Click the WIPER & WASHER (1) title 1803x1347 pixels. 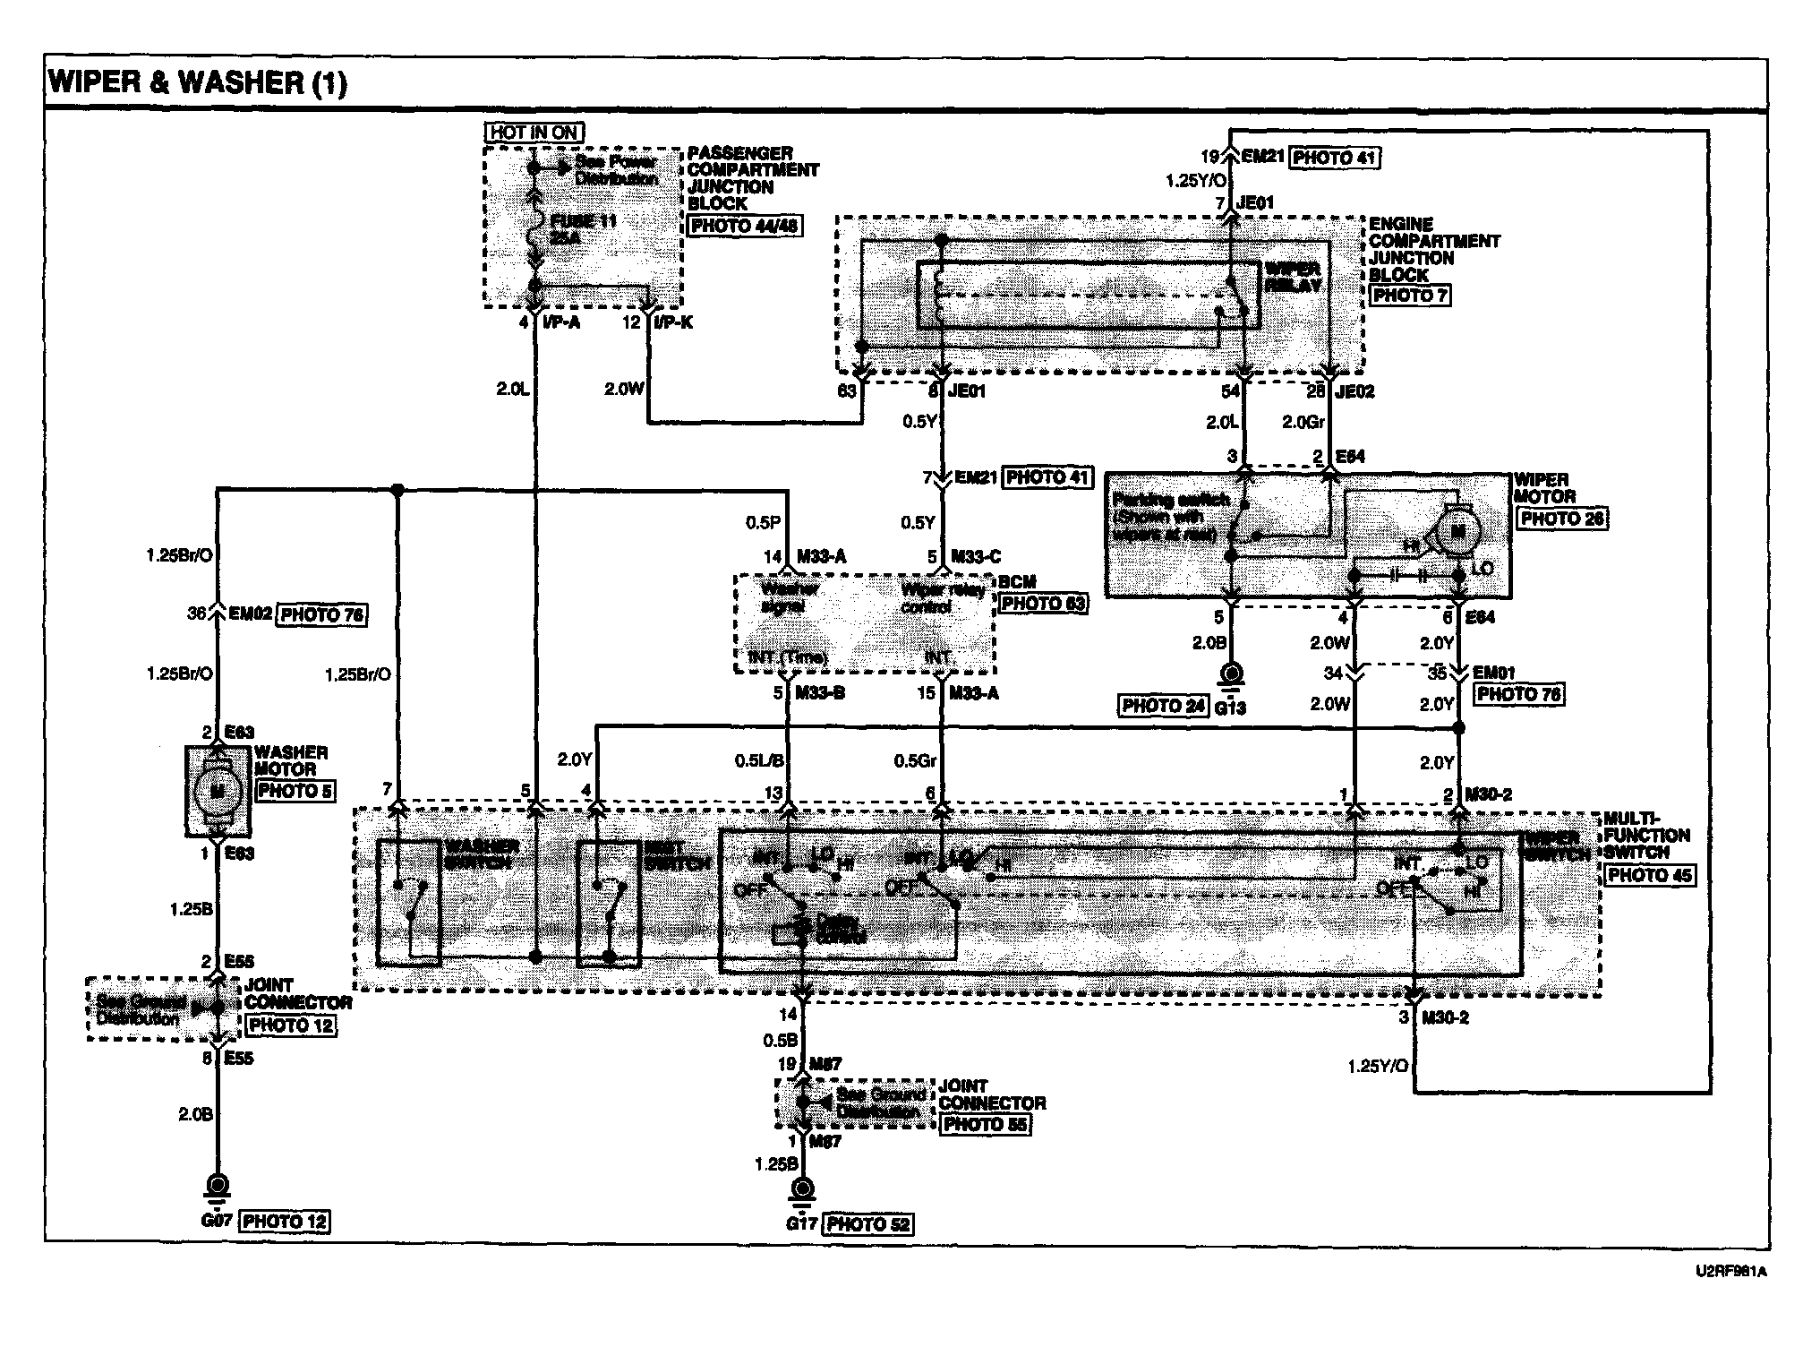(197, 82)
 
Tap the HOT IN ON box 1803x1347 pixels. (534, 133)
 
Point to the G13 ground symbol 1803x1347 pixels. (1233, 673)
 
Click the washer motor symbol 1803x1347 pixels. (218, 791)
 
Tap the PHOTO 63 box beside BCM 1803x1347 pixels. (1043, 604)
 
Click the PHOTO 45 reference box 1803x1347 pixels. (1649, 875)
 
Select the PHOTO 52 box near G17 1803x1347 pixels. (868, 1223)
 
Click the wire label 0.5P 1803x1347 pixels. (763, 521)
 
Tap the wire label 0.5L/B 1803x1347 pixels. (760, 761)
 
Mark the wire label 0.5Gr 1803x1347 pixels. (915, 761)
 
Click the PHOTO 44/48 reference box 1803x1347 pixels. (744, 226)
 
